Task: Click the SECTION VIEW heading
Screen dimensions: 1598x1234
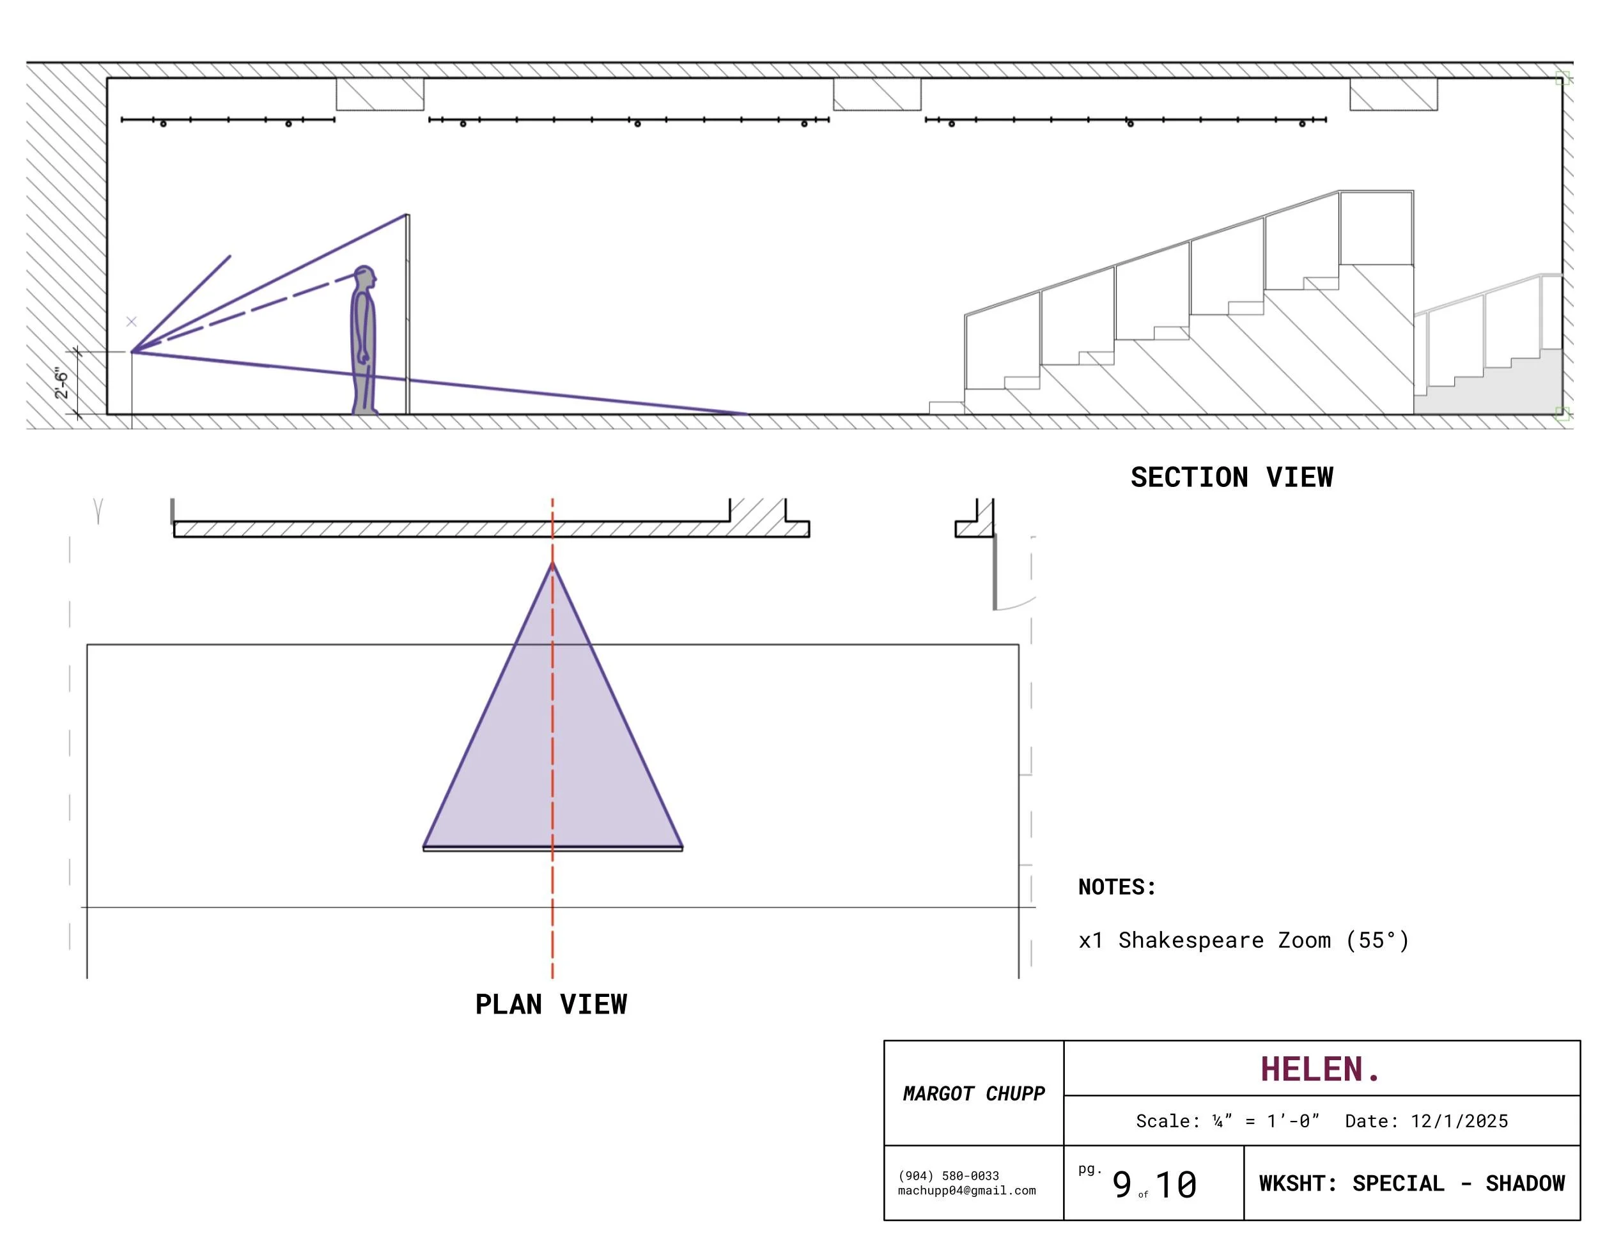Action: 1232,477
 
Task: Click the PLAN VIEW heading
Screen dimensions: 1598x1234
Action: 551,1005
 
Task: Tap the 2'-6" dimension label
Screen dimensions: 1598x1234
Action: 61,384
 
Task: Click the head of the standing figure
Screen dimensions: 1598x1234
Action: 364,277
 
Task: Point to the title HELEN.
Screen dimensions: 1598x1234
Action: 1320,1069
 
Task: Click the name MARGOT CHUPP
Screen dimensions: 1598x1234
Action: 974,1093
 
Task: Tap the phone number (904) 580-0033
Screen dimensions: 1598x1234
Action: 949,1175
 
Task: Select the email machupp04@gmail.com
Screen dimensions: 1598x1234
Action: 966,1190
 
